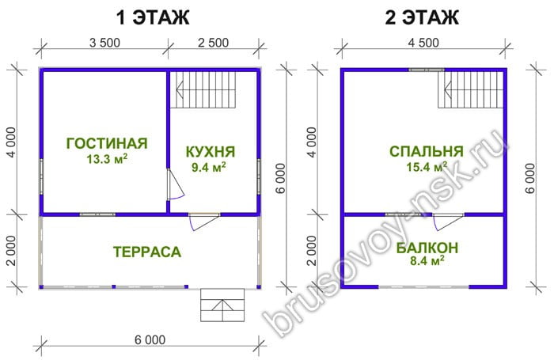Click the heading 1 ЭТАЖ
(153, 17)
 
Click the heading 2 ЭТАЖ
(422, 17)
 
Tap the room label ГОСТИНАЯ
(107, 143)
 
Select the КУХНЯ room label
(211, 152)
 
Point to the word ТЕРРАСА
(147, 252)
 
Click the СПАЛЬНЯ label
(427, 152)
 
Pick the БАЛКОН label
(427, 248)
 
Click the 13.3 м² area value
(107, 159)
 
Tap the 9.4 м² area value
(208, 167)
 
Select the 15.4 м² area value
(427, 166)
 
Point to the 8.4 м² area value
(427, 262)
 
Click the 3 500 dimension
(104, 43)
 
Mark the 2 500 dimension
(213, 43)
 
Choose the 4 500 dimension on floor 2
(423, 43)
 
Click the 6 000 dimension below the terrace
(150, 340)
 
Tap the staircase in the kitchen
(203, 89)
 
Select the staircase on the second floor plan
(470, 89)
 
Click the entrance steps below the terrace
(222, 305)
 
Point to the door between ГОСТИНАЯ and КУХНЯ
(176, 184)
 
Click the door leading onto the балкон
(448, 222)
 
